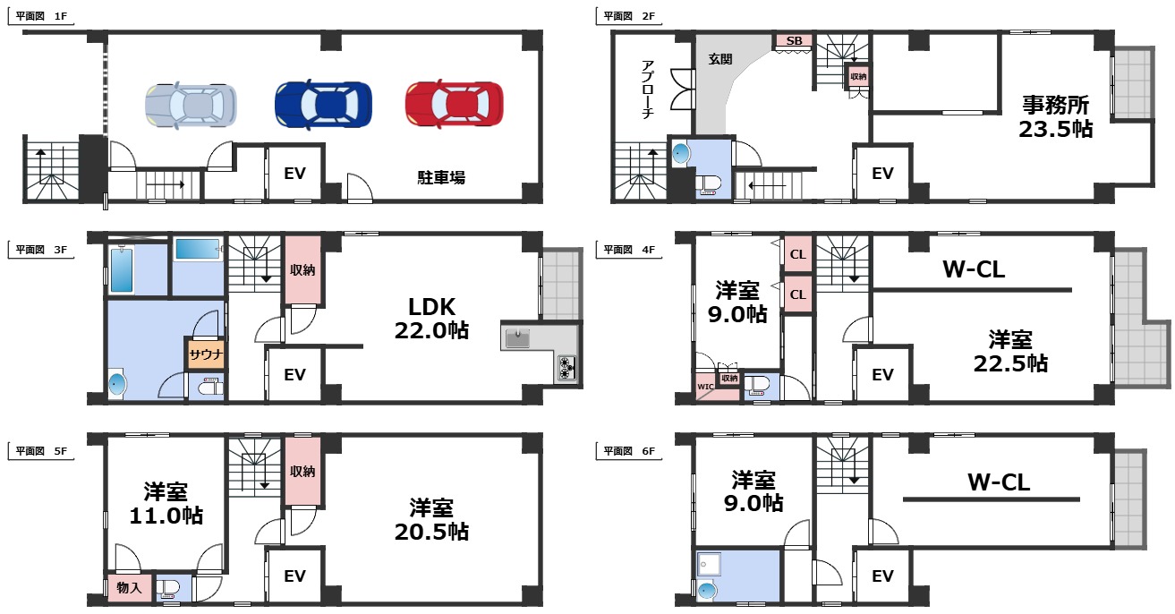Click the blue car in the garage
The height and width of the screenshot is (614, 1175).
(x=322, y=104)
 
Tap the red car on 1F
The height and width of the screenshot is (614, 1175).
(x=454, y=104)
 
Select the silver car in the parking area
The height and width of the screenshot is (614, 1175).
(x=191, y=104)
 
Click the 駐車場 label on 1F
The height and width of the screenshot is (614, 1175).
(x=440, y=177)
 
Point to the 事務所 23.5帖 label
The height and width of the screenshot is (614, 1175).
(x=1057, y=116)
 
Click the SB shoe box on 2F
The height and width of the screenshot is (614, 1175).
(x=794, y=41)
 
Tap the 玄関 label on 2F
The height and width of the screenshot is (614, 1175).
(x=720, y=60)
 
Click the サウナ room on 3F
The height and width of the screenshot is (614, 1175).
(x=205, y=354)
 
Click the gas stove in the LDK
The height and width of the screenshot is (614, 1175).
(x=567, y=368)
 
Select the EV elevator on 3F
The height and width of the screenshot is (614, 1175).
(x=294, y=375)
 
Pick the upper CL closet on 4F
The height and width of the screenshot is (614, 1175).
(x=797, y=254)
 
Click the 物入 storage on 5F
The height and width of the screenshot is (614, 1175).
(x=129, y=588)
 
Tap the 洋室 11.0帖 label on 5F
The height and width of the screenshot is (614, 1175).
(x=166, y=503)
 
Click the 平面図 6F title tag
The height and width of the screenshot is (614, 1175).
(x=629, y=450)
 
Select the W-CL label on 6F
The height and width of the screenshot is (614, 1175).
(x=998, y=483)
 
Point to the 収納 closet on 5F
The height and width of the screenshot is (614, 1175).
(x=301, y=470)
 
